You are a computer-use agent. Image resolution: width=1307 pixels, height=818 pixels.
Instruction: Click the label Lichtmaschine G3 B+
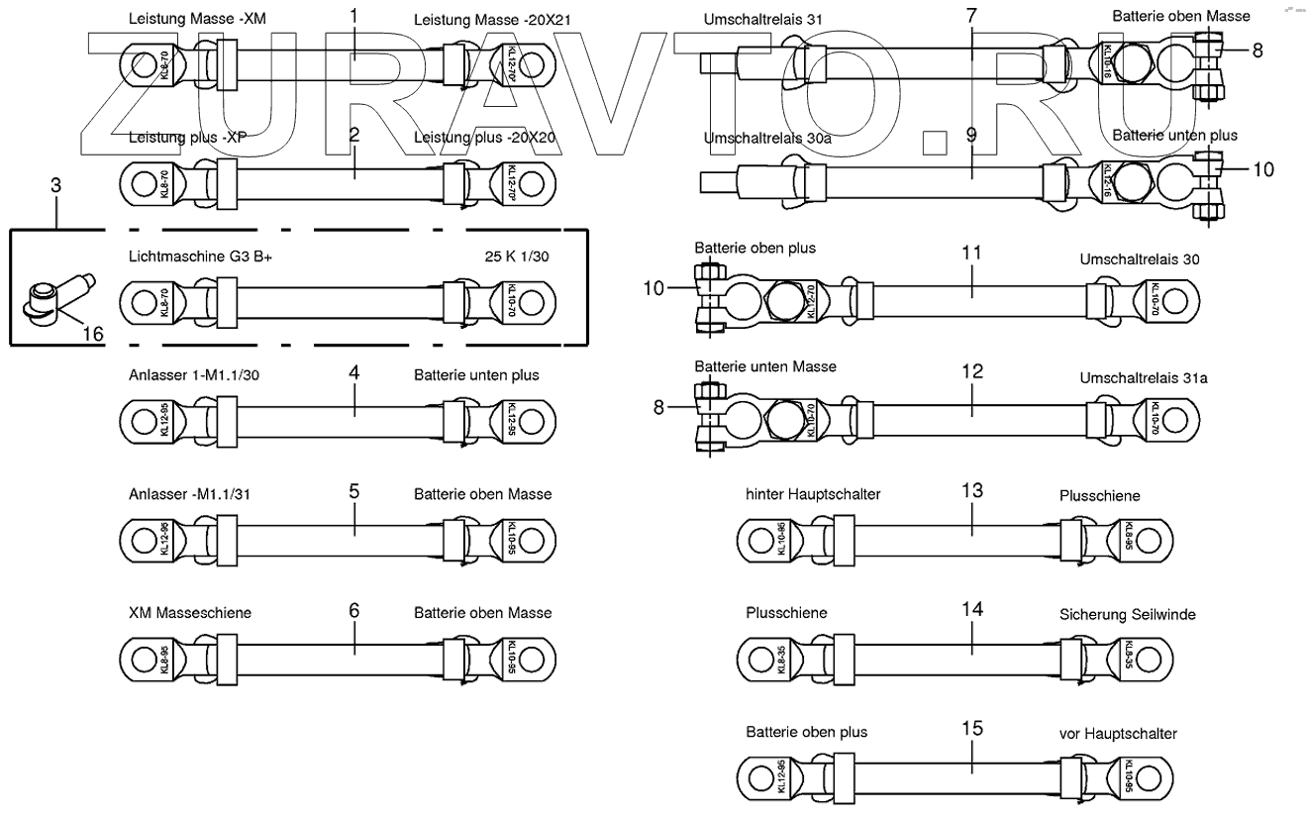[200, 256]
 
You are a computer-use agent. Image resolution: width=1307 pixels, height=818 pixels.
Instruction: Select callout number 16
[92, 334]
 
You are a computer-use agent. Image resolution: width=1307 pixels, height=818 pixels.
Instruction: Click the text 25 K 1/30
[517, 256]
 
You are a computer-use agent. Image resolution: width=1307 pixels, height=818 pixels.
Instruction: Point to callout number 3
[56, 185]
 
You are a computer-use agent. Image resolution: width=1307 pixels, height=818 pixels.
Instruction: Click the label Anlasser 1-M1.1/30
[195, 375]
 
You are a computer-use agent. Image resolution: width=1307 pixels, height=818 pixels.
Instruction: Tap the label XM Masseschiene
[190, 613]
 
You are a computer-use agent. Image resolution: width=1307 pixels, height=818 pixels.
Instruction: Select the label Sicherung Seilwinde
[1128, 615]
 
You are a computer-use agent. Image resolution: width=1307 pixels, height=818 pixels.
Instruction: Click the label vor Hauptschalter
[1118, 734]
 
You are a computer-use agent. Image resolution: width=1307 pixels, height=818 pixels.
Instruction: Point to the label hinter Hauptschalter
[813, 493]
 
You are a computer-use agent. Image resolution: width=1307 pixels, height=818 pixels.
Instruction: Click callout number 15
[972, 728]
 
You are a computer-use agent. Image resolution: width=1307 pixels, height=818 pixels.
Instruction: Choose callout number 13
[972, 489]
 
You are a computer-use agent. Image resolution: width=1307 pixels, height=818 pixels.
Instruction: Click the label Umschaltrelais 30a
[767, 139]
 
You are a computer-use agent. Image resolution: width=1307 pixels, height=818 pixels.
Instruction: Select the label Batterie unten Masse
[765, 366]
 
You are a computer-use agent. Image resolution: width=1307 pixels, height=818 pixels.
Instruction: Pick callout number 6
[353, 610]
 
